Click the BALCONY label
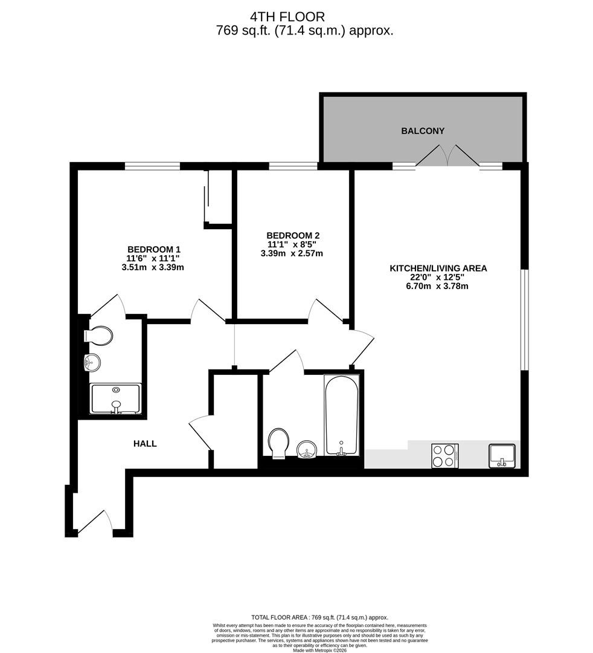click(423, 131)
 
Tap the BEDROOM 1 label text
click(154, 250)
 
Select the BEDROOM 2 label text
click(293, 235)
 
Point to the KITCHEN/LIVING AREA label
click(438, 268)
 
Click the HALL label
click(145, 444)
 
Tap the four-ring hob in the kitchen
click(445, 456)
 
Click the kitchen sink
click(502, 456)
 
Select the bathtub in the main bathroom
click(341, 415)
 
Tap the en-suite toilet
click(98, 335)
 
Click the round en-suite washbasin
click(92, 363)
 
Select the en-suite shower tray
click(116, 399)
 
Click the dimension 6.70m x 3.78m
click(437, 286)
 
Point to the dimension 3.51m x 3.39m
click(153, 267)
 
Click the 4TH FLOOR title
click(287, 17)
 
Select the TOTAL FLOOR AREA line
click(320, 617)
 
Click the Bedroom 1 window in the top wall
click(153, 166)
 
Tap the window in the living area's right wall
click(525, 319)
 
